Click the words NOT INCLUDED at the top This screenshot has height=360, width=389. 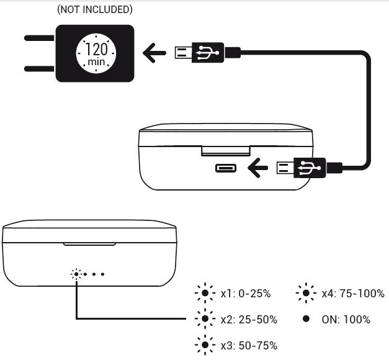(x=94, y=10)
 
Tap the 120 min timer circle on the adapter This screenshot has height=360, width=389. (x=94, y=53)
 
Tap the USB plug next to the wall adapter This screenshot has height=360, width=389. (x=199, y=53)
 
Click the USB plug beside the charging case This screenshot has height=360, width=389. (x=302, y=167)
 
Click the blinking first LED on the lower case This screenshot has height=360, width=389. (x=76, y=274)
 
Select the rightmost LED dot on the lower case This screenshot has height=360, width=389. (x=103, y=274)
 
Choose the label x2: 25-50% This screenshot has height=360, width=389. (x=248, y=320)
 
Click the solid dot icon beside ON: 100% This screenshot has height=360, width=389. (x=306, y=319)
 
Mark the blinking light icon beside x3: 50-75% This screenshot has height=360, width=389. (x=204, y=345)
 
